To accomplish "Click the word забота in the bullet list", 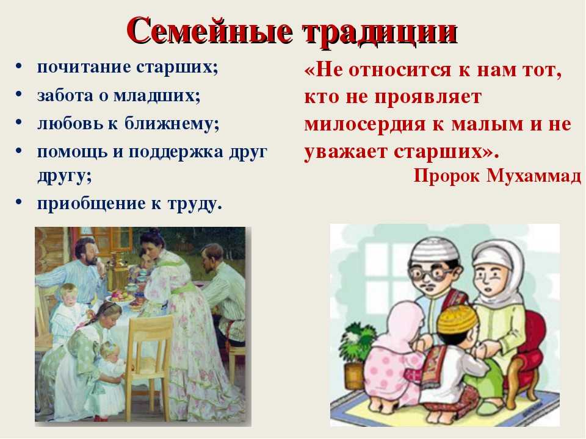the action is click(65, 95).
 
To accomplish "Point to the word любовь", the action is click(70, 123).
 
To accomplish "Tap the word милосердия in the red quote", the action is click(365, 124).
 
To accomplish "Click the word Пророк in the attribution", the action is click(446, 176).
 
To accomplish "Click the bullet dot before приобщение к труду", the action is click(19, 202).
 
